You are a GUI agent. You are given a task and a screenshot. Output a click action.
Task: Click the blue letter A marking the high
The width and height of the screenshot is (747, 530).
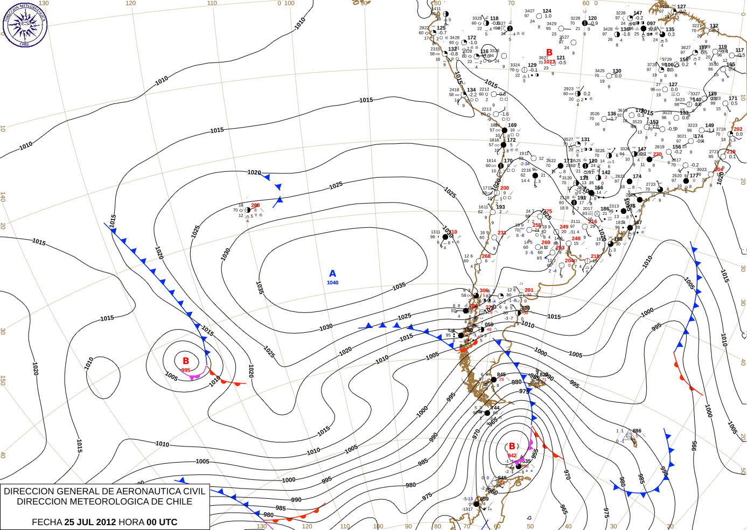point(332,274)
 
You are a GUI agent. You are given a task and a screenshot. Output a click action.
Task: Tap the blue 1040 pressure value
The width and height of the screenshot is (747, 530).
point(332,283)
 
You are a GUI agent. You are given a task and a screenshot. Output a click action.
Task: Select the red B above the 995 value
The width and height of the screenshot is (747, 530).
point(186,361)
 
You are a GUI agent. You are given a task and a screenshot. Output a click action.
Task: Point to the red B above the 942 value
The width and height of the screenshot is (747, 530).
point(512,446)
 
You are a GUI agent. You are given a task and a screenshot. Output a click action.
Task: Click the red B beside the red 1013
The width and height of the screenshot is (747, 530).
point(549,53)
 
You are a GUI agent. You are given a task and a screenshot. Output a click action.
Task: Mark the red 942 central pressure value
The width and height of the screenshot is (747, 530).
point(512,456)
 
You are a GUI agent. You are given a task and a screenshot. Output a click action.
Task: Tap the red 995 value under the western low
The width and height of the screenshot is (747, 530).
point(186,370)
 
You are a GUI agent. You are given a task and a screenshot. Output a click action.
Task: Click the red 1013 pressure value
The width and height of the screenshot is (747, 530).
point(549,62)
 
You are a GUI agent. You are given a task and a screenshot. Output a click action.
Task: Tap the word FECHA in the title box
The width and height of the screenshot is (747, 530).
point(47,522)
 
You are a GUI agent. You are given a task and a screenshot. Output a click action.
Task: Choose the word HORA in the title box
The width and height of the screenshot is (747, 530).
point(132,522)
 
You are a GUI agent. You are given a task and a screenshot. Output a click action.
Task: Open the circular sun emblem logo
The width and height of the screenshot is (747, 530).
point(25,24)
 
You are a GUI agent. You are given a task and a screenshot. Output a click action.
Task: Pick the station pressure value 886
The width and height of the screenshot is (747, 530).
point(637,431)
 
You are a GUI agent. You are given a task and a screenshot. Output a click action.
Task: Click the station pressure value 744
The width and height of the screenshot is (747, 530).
point(495,408)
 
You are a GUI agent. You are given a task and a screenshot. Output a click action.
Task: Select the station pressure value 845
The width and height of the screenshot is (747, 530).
point(501,374)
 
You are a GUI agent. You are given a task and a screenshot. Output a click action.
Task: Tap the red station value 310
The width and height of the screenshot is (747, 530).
point(453,232)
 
